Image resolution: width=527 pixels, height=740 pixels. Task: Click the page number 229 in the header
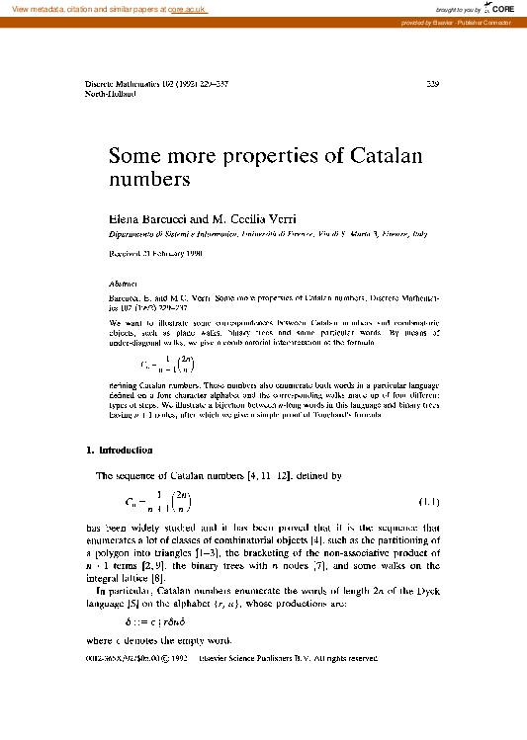pyautogui.click(x=431, y=85)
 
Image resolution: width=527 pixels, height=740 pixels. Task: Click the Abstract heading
pyautogui.click(x=121, y=282)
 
